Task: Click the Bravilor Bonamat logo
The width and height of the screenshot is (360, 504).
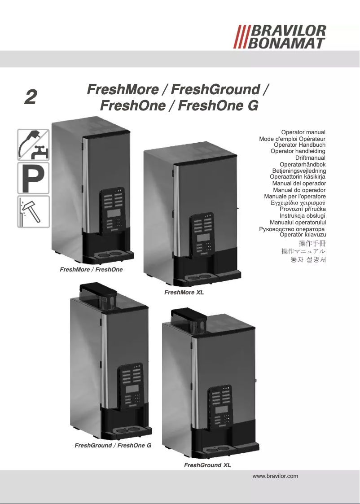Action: pos(280,37)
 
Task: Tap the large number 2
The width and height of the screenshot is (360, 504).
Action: pos(30,97)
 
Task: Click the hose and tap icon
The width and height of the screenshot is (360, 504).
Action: pos(33,145)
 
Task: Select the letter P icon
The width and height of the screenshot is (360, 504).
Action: pos(33,178)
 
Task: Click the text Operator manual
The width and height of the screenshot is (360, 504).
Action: pos(303,133)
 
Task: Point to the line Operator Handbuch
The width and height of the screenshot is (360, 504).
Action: pos(299,145)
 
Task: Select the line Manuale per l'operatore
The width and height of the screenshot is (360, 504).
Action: pos(295,197)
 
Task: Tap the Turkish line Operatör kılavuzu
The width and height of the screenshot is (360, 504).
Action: pos(303,234)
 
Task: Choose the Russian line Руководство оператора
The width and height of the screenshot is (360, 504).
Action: pos(292,229)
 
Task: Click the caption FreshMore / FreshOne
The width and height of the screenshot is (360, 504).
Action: pos(91,270)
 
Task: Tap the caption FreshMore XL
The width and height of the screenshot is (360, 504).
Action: pos(184,293)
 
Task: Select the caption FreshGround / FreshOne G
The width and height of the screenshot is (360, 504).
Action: pos(113,446)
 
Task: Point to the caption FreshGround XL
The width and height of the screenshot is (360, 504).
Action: pos(207,465)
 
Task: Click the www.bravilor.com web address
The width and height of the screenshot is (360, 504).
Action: pos(276,476)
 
